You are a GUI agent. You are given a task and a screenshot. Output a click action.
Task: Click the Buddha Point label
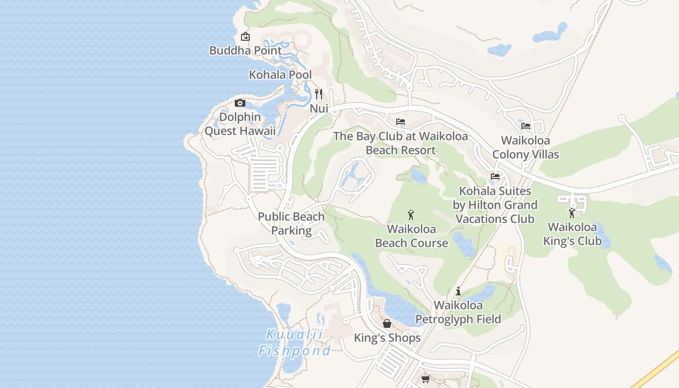coord(245,50)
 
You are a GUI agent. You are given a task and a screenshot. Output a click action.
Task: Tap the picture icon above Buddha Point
coord(245,36)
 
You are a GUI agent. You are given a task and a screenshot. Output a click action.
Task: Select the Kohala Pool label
coord(280,75)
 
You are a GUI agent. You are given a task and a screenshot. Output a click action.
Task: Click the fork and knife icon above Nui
coord(319,94)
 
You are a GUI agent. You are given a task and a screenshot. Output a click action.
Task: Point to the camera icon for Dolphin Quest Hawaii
coord(240,103)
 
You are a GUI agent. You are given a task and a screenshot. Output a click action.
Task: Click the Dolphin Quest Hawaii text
coord(240,124)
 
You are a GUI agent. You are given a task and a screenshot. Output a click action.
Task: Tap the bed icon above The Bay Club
coord(401,122)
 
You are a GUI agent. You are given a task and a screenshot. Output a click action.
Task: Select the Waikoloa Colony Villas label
coord(526,147)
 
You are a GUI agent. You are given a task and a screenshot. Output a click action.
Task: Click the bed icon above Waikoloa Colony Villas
coord(526,126)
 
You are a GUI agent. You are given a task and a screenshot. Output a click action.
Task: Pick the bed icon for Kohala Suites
coord(495,177)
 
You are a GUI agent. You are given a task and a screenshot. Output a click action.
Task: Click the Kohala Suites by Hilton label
coord(495,205)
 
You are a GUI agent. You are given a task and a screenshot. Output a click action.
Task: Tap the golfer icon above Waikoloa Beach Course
coord(411,214)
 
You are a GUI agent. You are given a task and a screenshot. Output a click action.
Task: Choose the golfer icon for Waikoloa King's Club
coord(572,212)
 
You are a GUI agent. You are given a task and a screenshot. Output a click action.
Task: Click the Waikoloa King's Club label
coord(572,234)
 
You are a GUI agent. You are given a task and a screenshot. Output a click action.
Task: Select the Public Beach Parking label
coord(291,224)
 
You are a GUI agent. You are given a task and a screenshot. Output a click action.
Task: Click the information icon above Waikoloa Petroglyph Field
coord(458,291)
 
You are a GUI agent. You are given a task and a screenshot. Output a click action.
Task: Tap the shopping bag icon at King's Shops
coord(387,323)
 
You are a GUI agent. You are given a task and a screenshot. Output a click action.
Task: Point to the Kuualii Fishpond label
coord(294,342)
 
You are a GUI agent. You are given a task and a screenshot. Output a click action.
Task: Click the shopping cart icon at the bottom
coord(425,379)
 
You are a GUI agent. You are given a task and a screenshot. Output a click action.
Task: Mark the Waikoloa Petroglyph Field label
coord(458,312)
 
